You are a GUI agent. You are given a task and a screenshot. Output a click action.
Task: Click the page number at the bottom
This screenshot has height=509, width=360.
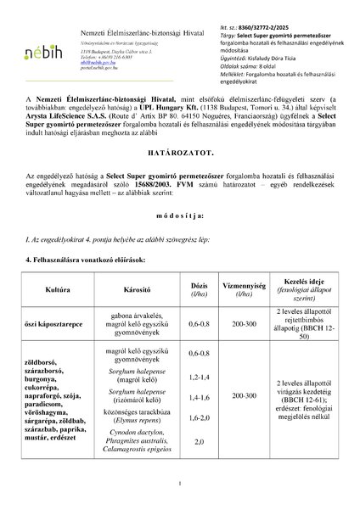180,484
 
